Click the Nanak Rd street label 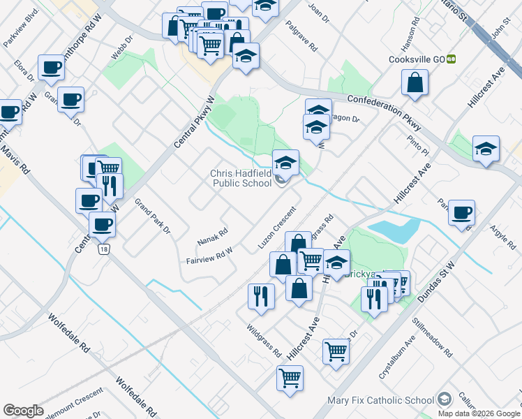click(212, 236)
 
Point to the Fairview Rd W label click(209, 256)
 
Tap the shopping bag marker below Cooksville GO click(415, 82)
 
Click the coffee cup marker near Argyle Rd click(461, 212)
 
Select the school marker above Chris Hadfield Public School click(285, 163)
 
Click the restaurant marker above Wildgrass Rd click(261, 295)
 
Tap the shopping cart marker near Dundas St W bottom click(290, 378)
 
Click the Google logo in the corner click(23, 411)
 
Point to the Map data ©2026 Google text click(479, 413)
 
